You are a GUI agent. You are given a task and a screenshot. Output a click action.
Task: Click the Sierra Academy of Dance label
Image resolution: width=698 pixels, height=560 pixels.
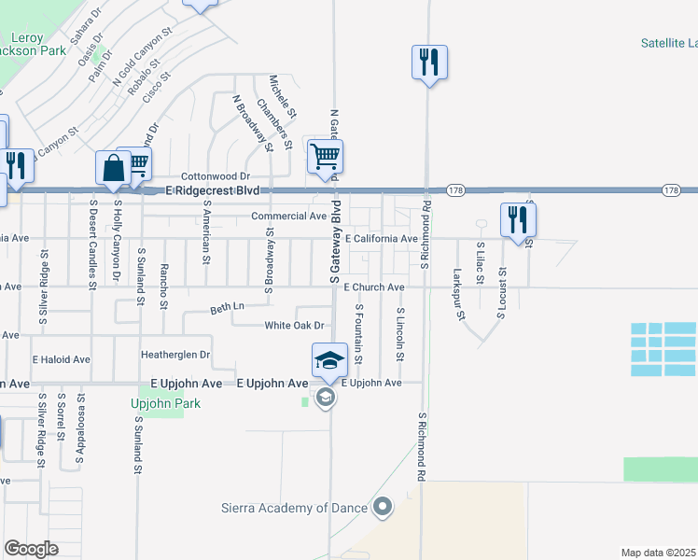294,509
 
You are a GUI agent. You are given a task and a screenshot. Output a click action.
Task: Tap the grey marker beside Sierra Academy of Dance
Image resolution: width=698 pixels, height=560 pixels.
382,508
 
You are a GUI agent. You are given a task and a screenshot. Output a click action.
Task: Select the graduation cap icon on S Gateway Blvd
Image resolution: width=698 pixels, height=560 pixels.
329,359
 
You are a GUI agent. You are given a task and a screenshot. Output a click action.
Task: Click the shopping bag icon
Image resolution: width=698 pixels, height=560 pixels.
113,168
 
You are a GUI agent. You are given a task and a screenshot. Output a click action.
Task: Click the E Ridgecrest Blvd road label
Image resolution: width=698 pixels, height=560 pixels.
211,190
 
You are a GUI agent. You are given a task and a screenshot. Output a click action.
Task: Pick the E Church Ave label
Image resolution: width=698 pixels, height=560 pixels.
373,287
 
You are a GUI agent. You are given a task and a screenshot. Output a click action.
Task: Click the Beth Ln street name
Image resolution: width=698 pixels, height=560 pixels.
227,307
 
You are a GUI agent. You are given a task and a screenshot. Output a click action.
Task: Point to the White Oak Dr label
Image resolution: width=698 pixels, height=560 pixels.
294,326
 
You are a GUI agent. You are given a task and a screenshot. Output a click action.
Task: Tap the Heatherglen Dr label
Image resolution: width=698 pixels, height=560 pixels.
175,355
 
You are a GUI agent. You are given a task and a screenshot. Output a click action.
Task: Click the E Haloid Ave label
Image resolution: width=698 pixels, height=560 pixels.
61,359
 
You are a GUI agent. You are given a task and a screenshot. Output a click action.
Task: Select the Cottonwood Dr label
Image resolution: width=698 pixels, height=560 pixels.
216,175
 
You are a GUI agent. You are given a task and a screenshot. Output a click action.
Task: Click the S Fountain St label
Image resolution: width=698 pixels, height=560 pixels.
358,333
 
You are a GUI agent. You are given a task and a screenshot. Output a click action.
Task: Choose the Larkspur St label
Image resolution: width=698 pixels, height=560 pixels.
458,293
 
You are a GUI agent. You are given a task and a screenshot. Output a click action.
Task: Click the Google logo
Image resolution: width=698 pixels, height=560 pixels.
31,549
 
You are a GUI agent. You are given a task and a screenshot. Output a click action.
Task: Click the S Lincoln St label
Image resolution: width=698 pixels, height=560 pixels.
400,336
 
